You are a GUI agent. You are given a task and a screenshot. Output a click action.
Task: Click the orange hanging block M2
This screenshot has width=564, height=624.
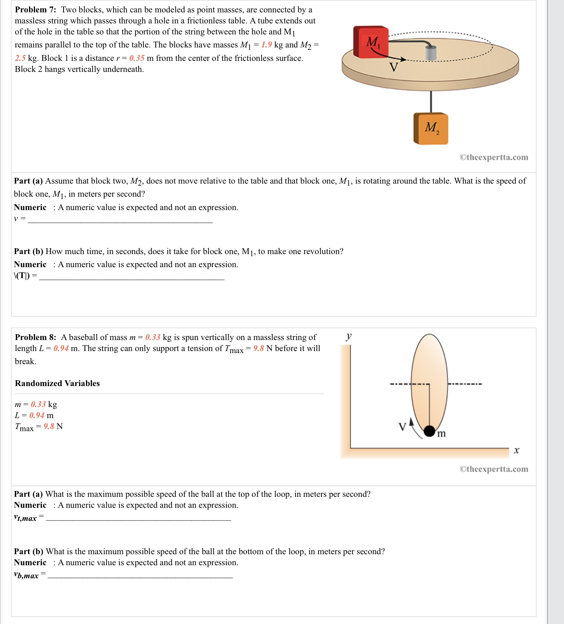click(431, 129)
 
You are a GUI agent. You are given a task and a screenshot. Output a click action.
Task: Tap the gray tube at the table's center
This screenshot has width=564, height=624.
click(431, 53)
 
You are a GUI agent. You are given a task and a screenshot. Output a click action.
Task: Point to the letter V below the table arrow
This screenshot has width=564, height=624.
click(394, 67)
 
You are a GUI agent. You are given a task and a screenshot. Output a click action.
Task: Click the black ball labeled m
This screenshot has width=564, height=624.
click(429, 431)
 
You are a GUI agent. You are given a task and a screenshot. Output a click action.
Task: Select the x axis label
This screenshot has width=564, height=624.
click(516, 450)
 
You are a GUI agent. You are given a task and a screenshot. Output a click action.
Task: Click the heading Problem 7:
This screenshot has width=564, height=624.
click(35, 10)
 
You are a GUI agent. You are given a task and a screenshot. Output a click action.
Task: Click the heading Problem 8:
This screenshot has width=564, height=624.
click(35, 337)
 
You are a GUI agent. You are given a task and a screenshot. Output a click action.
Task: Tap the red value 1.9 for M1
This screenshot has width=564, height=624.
click(267, 45)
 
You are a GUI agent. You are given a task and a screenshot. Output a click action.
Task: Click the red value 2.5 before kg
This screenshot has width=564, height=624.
click(20, 58)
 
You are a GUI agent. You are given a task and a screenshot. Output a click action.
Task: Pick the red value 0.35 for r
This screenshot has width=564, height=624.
click(137, 58)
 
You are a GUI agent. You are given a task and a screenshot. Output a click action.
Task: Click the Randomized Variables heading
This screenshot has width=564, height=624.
click(57, 383)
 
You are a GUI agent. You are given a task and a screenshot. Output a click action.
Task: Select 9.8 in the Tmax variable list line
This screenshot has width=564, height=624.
click(49, 426)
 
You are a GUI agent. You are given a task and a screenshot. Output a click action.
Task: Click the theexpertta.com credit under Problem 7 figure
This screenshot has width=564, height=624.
click(493, 157)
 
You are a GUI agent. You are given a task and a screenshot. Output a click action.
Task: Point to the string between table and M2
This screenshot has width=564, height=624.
click(431, 101)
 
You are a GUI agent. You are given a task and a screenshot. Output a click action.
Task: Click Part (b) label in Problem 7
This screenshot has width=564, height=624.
click(29, 251)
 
